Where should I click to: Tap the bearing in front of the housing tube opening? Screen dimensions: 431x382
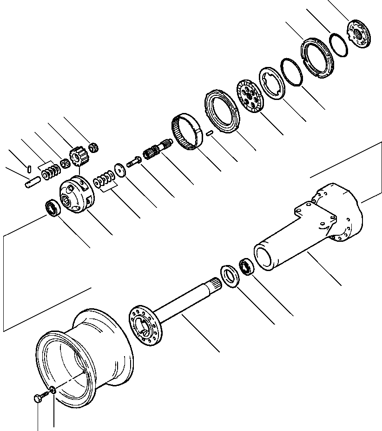[246, 267]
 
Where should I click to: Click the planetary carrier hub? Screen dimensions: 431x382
[76, 195]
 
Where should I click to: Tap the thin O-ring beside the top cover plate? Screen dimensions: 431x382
[338, 44]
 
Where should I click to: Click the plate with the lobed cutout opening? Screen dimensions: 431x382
[274, 83]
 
